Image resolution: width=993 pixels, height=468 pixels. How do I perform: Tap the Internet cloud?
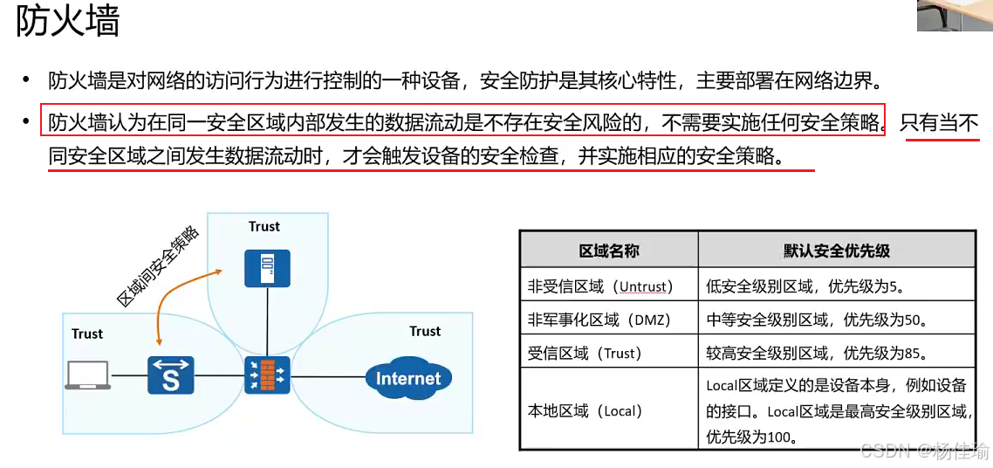tap(408, 379)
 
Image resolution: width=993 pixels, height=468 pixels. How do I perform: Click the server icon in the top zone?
tap(267, 268)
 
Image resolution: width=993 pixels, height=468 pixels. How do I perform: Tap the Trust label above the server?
tap(264, 227)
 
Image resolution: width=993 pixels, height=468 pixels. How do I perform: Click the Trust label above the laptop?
tap(87, 334)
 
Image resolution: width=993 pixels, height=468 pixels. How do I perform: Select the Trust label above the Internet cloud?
tap(425, 332)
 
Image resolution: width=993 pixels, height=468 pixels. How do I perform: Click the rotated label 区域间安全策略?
tap(159, 266)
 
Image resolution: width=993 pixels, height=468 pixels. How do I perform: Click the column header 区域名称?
tap(609, 251)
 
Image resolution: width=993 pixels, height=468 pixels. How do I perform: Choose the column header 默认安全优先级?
tap(836, 251)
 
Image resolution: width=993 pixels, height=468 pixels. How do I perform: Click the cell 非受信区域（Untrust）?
tap(598, 286)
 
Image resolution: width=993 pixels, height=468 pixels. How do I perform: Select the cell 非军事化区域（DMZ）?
tap(600, 320)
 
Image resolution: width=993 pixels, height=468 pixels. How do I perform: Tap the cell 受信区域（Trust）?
tap(585, 354)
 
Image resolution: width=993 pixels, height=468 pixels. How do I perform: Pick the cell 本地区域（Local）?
tap(585, 410)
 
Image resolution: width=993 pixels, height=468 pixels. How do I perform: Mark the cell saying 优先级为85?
tap(816, 354)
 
